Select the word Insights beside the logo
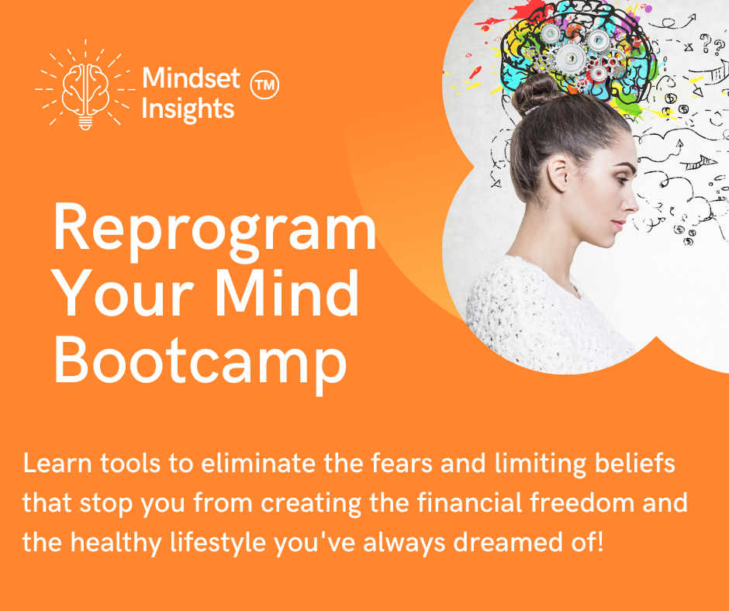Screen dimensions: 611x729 (x=187, y=109)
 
